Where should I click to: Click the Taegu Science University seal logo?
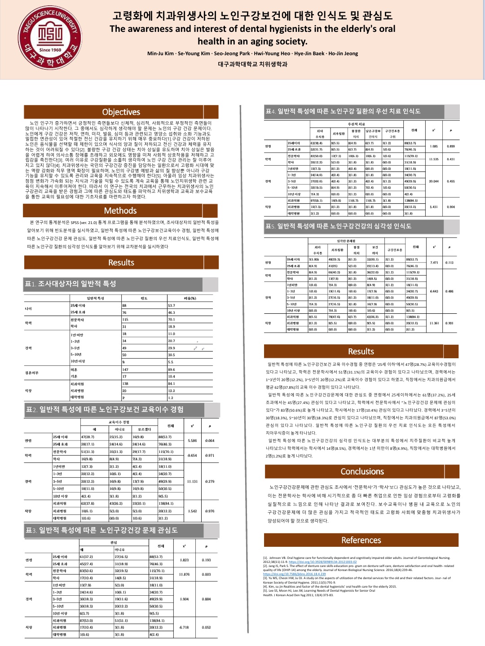click(x=50, y=37)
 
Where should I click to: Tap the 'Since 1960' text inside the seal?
click(x=50, y=50)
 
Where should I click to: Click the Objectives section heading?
click(x=121, y=112)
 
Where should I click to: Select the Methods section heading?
click(x=120, y=211)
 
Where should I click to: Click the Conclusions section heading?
click(x=362, y=471)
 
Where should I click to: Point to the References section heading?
click(x=361, y=540)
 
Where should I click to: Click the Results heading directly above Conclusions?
click(x=361, y=352)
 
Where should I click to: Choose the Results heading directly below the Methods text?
click(x=121, y=263)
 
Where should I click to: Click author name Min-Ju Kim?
click(x=160, y=53)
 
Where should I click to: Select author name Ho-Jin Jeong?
click(x=343, y=53)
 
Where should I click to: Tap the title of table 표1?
click(x=71, y=284)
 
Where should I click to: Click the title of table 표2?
click(x=105, y=409)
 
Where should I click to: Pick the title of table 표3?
click(x=102, y=530)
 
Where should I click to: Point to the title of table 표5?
click(x=338, y=226)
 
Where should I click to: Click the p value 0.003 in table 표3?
click(x=206, y=574)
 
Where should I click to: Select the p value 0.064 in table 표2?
click(x=210, y=440)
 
